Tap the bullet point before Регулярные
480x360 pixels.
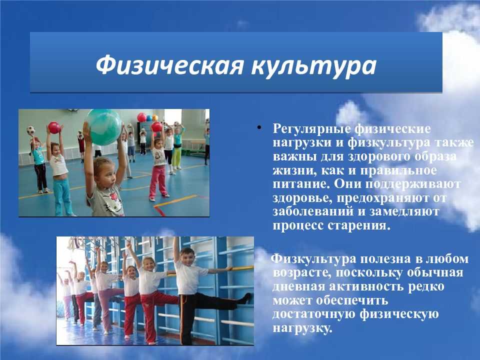(259, 127)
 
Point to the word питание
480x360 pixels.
(301, 184)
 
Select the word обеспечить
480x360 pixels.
(352, 300)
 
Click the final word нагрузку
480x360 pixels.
(302, 328)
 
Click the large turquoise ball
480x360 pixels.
(103, 127)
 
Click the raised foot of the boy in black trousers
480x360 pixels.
(246, 298)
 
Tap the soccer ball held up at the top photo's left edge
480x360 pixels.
(30, 130)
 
